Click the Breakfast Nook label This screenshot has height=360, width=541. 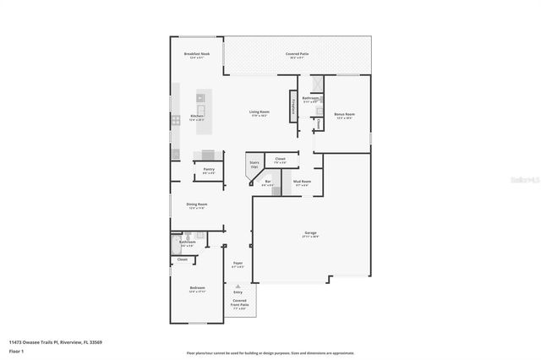(203, 54)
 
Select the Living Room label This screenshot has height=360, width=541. (259, 112)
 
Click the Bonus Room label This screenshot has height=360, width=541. (344, 114)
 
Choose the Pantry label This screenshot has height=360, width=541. (209, 170)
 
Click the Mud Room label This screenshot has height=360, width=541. (303, 182)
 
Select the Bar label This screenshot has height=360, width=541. (267, 182)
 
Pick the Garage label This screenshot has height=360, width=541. (311, 233)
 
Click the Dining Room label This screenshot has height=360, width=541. (197, 205)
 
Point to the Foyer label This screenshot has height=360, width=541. (238, 264)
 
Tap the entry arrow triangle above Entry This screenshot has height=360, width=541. (238, 286)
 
